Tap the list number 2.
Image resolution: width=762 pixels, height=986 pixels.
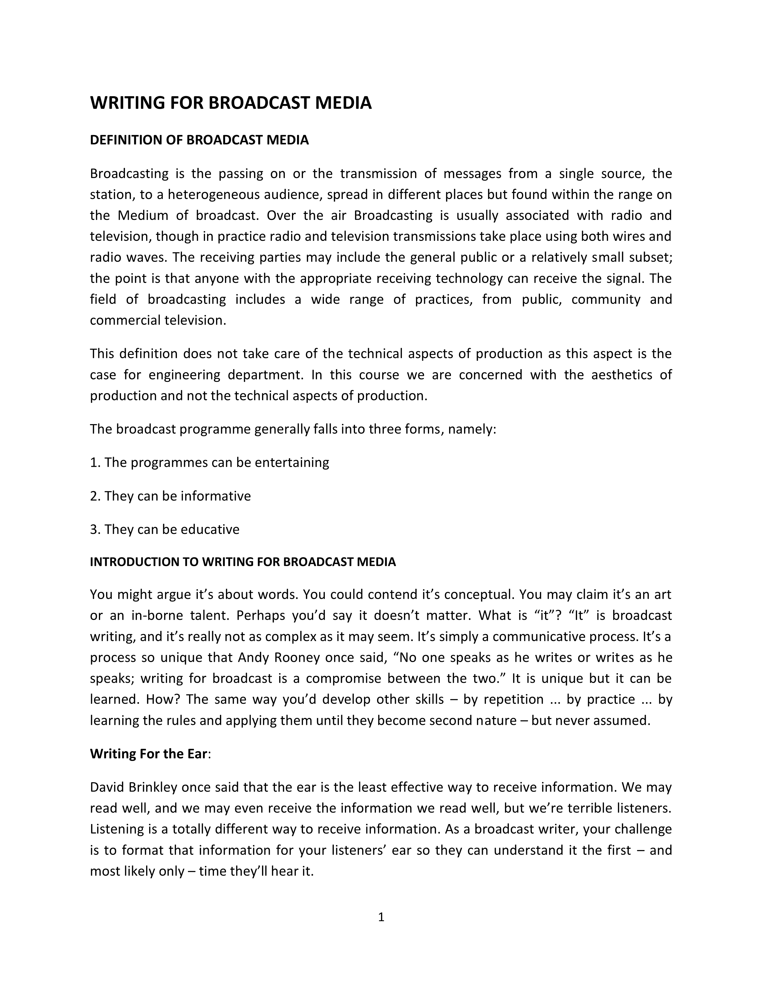pyautogui.click(x=95, y=496)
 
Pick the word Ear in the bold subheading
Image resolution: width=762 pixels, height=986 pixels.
pyautogui.click(x=197, y=754)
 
